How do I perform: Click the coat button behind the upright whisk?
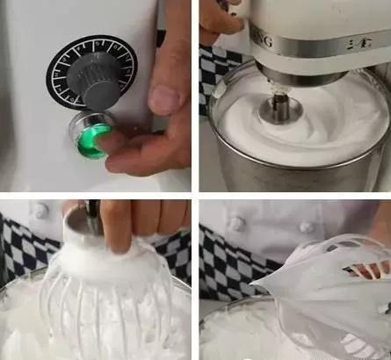tap(40, 212)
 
